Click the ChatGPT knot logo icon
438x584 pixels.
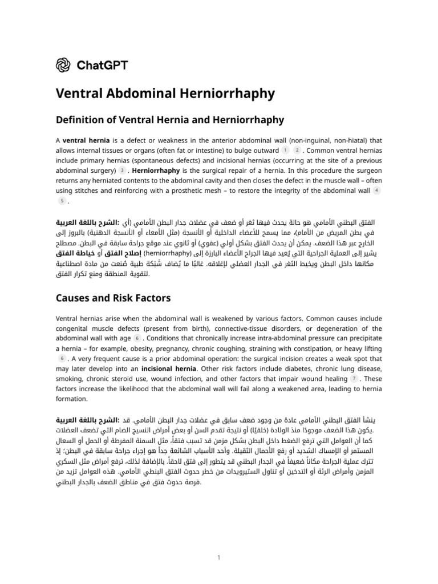pyautogui.click(x=63, y=65)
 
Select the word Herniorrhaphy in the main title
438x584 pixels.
pyautogui.click(x=229, y=94)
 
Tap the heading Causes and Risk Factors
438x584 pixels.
pyautogui.click(x=113, y=298)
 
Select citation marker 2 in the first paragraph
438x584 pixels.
pyautogui.click(x=297, y=150)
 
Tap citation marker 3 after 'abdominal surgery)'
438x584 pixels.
pyautogui.click(x=121, y=171)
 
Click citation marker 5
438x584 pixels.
pyautogui.click(x=62, y=201)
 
